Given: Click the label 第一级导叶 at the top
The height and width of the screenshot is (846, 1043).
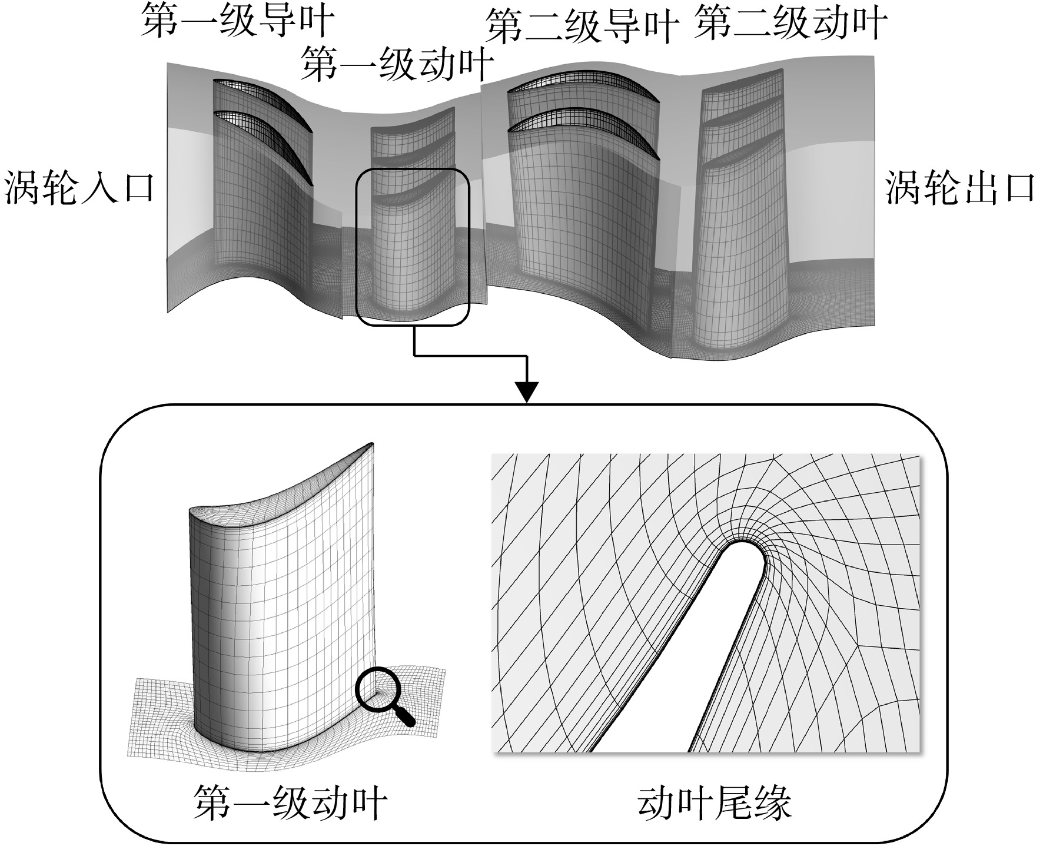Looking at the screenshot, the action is [x=238, y=21].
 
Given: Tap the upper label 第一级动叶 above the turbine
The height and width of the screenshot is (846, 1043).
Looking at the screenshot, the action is [x=397, y=64].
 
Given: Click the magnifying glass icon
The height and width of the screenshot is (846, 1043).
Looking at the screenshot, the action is [x=386, y=696].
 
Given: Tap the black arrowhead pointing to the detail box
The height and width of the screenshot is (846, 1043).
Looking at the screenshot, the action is [x=527, y=392].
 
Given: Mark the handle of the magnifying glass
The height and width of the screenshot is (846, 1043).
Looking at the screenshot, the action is [x=403, y=714].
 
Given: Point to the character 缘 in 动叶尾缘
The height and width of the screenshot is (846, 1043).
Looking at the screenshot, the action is [x=772, y=804].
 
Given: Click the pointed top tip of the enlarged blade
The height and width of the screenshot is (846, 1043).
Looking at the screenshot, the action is [x=371, y=443].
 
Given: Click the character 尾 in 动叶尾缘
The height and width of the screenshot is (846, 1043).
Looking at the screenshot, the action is [x=734, y=804].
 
